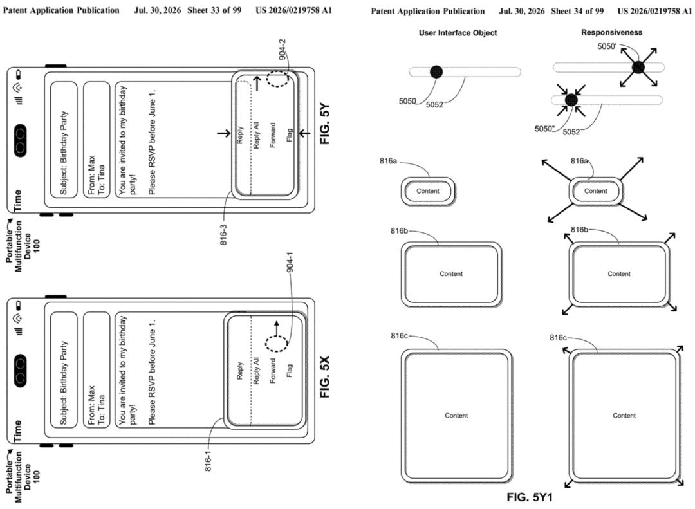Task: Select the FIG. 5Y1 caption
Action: [530, 497]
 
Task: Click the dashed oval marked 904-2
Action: [277, 79]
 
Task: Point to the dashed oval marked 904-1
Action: [276, 344]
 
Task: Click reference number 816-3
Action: [223, 234]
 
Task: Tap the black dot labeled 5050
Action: [436, 71]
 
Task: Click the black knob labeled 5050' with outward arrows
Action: [638, 68]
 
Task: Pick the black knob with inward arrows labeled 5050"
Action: [571, 100]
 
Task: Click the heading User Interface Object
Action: [458, 33]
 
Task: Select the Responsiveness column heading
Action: [612, 32]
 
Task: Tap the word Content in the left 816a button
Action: [428, 191]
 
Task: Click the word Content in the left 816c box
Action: [456, 416]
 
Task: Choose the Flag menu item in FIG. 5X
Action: [290, 371]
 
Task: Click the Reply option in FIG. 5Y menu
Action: [240, 135]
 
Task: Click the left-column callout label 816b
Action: [399, 231]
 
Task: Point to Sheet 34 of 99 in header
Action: [577, 11]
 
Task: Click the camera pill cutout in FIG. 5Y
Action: [21, 141]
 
